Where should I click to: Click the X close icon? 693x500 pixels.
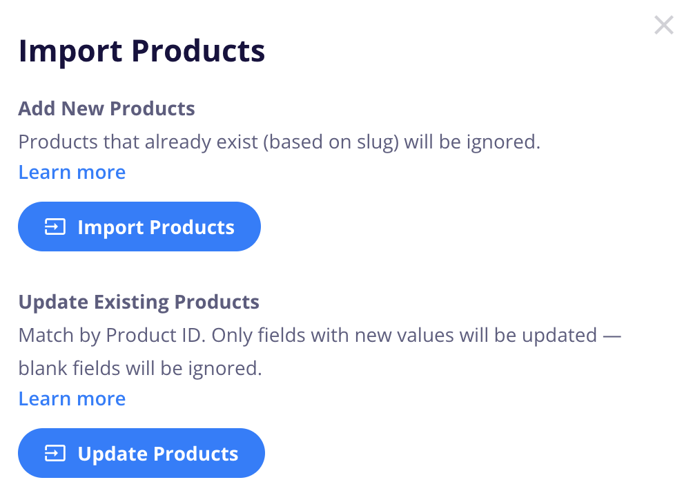(x=664, y=25)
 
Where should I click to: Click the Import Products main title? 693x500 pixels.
(x=142, y=52)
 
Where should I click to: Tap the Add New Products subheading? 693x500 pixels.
(x=106, y=108)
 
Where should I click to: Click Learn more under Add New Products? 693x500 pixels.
(x=72, y=172)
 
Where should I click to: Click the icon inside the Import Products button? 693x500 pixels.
(x=55, y=227)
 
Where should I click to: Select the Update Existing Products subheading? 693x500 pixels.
(x=139, y=302)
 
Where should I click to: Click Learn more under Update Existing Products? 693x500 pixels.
(x=72, y=398)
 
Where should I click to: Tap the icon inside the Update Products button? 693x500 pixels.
(x=55, y=453)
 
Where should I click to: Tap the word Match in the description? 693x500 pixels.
(x=46, y=335)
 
